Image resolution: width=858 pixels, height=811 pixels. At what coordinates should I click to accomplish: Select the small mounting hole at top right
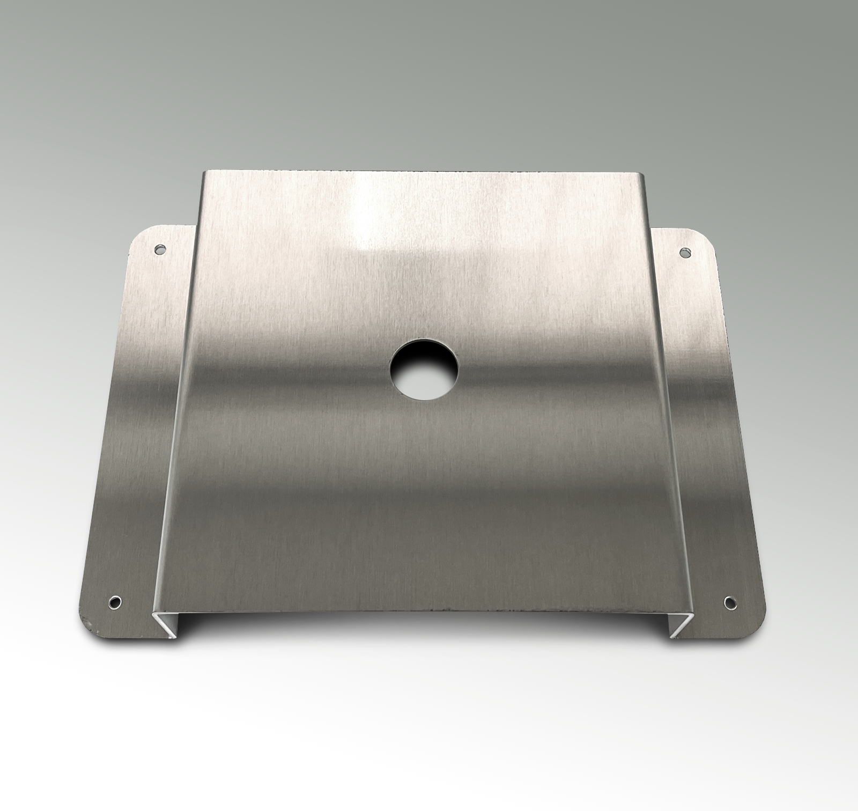(x=684, y=252)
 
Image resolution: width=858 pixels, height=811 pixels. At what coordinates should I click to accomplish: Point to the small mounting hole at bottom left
(x=115, y=601)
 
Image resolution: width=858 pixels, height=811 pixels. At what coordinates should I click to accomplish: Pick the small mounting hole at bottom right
(x=729, y=601)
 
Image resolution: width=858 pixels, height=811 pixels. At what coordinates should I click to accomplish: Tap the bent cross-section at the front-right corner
(x=679, y=625)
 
